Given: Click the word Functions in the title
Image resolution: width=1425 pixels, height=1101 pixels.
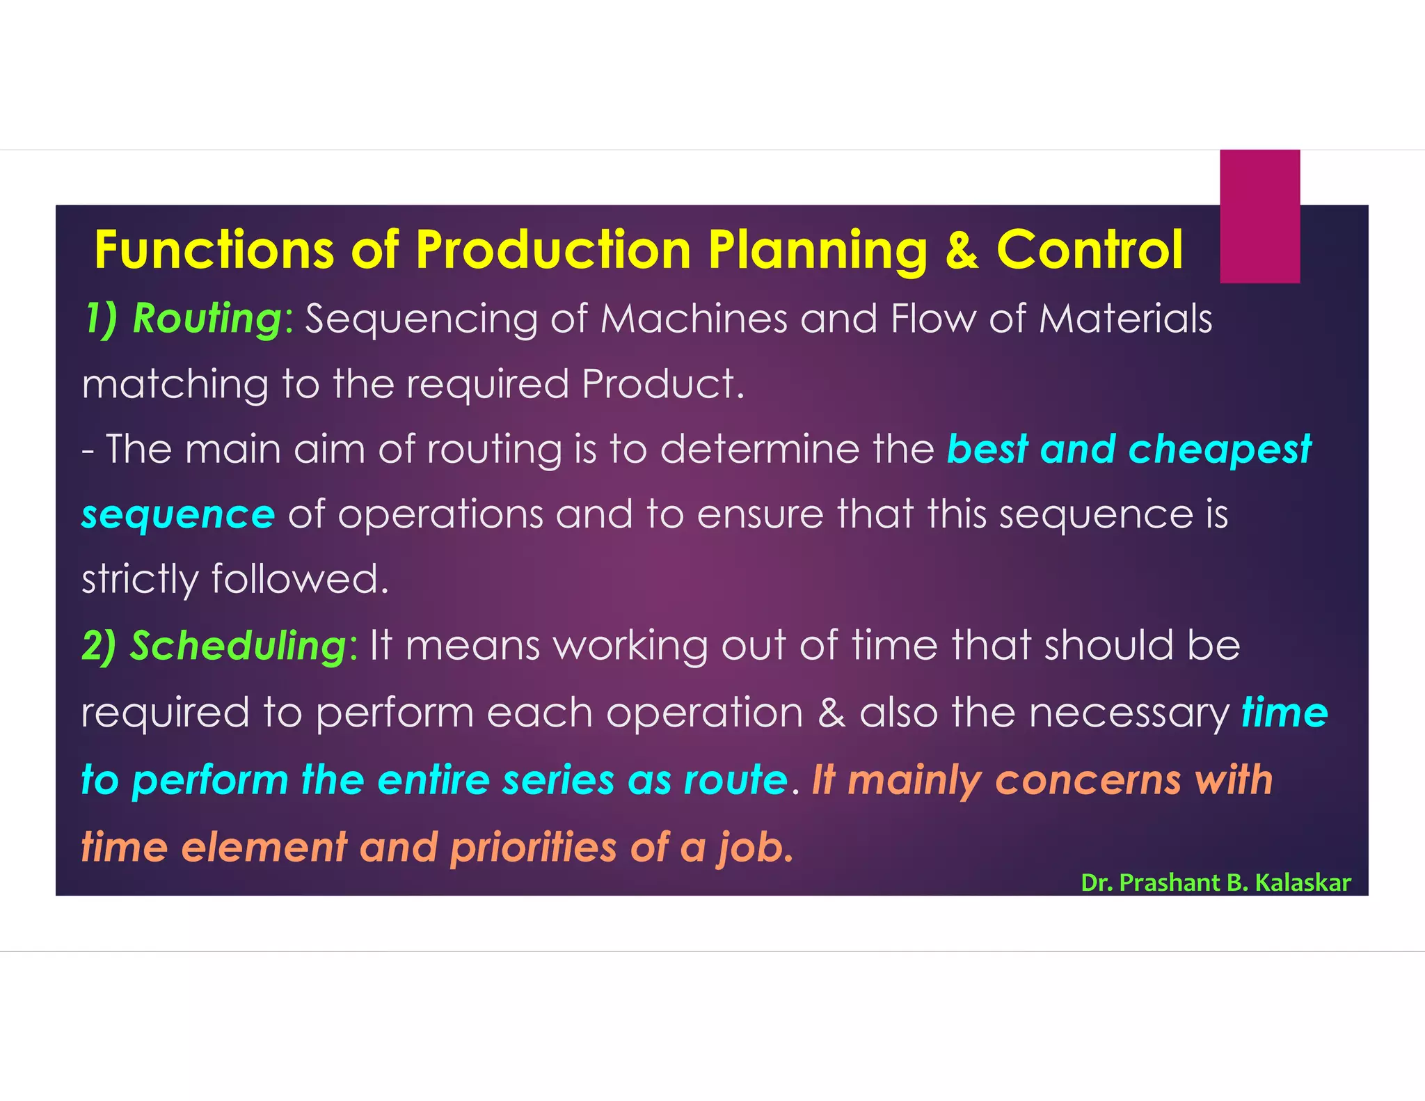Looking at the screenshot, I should [214, 250].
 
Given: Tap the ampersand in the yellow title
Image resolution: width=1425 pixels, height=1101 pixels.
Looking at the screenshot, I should [962, 250].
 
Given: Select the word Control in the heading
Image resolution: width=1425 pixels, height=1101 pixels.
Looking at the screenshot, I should [1090, 250].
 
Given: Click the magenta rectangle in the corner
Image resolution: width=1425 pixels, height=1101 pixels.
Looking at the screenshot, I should [1259, 216].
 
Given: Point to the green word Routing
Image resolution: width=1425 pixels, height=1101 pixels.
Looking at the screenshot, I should [207, 319].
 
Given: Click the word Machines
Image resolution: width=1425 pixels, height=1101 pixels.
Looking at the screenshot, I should [694, 319].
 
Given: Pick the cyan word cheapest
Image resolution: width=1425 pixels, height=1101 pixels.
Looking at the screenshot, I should [1219, 449].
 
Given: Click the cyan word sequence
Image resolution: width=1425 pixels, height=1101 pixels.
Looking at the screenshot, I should [178, 515].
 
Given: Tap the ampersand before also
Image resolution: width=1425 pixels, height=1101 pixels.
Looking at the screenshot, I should [831, 713].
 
